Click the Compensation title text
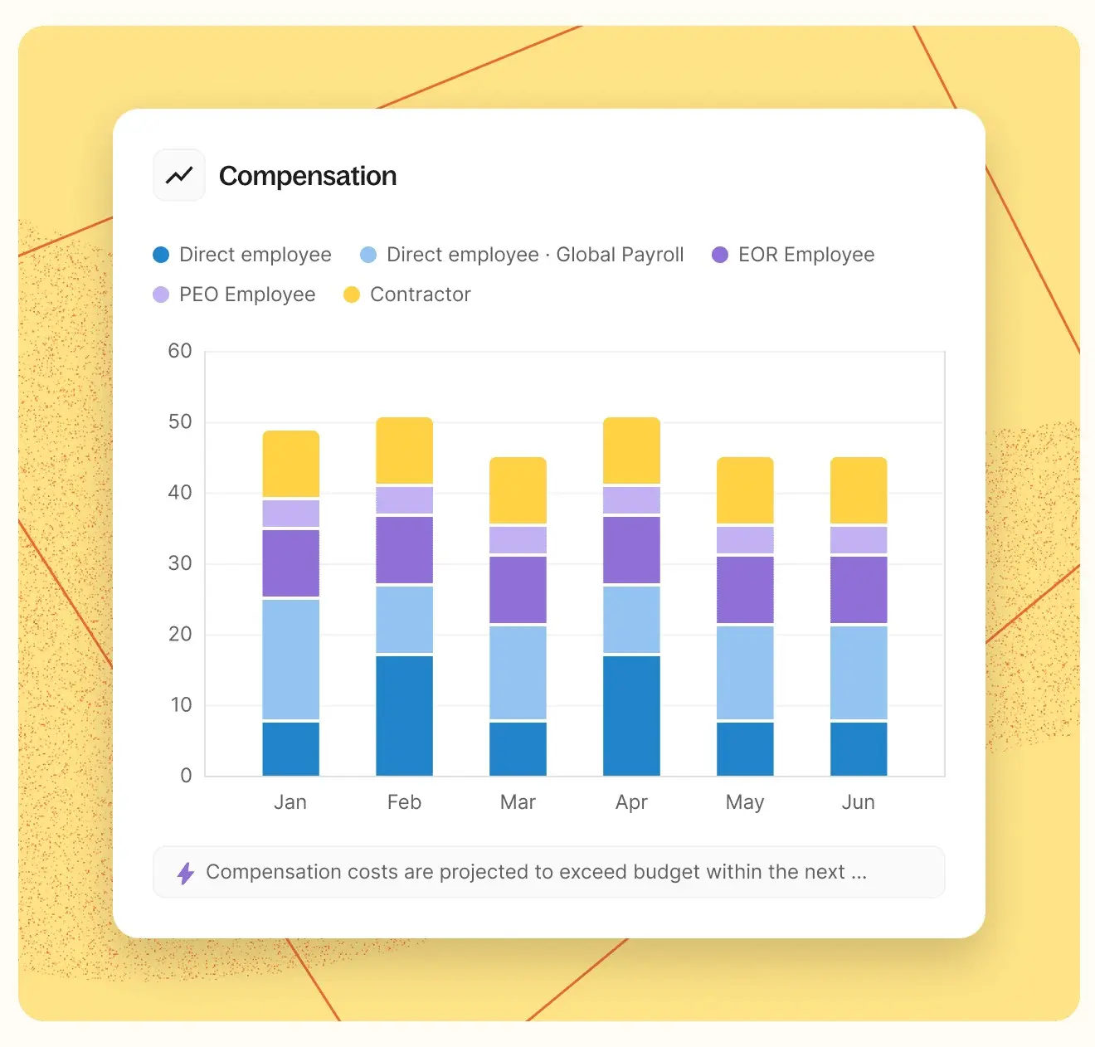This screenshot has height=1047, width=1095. tap(308, 176)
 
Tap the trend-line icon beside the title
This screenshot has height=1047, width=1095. tap(179, 175)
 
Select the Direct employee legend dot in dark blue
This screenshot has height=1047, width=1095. tap(161, 255)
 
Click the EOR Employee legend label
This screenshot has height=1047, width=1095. tap(805, 255)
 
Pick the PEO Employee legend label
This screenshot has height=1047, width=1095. tap(247, 295)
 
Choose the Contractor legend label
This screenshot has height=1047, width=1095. tap(420, 295)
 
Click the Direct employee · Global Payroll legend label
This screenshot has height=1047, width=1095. tap(535, 255)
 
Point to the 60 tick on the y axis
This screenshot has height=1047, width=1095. tap(180, 351)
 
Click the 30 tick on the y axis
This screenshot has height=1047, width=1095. tap(180, 563)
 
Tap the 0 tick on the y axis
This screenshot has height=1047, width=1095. tap(186, 776)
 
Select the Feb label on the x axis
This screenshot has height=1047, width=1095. tap(404, 802)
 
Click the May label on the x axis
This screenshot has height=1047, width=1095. tap(745, 802)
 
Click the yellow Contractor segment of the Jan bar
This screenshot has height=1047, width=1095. tap(291, 464)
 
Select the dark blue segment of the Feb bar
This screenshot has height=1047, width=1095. tap(405, 715)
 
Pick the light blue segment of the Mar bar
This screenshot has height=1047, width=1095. tap(518, 672)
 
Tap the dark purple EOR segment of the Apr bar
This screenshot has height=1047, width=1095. tap(632, 549)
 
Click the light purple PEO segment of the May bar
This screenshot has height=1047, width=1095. tap(745, 540)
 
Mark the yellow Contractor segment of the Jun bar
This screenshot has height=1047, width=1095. tap(859, 490)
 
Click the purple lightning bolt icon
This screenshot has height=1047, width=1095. tap(186, 873)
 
